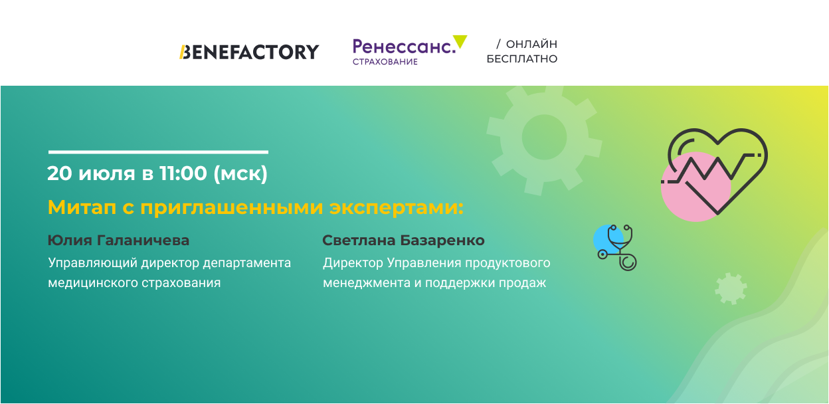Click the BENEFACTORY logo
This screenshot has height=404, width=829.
[249, 52]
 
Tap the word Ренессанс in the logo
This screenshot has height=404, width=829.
[404, 47]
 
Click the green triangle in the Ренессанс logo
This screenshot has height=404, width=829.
[460, 41]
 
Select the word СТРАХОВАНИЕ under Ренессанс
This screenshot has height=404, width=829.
[385, 62]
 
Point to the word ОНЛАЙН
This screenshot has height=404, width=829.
[531, 44]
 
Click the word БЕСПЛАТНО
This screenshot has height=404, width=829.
[522, 59]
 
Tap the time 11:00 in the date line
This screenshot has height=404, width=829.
[183, 173]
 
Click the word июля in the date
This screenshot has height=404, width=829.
[107, 173]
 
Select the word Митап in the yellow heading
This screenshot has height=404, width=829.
[82, 207]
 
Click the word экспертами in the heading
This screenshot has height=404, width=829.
[396, 208]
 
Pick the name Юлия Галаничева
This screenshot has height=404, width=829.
[118, 241]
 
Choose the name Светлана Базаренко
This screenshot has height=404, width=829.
[403, 241]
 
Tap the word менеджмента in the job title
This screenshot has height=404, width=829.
[367, 283]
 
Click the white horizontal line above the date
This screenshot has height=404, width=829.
[158, 151]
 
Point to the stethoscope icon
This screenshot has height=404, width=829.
[617, 247]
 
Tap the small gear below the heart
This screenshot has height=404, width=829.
[731, 288]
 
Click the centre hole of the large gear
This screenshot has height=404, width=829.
[544, 137]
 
